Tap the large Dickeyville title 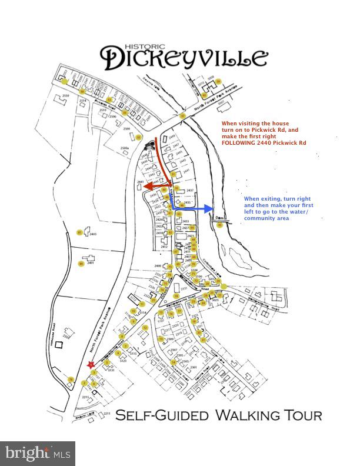click(x=184, y=58)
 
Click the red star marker click(x=91, y=365)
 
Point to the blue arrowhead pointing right click(x=209, y=209)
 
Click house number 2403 click(x=92, y=234)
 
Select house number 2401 click(x=91, y=262)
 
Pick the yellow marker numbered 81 click(x=79, y=233)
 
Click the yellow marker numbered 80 click(x=81, y=264)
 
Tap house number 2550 click(x=66, y=95)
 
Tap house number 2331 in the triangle click(x=183, y=288)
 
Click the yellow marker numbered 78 click(x=71, y=380)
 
